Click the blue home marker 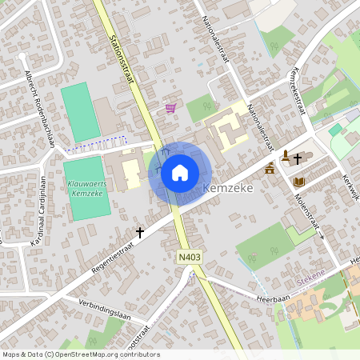(x=180, y=171)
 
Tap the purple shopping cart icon (x=170, y=107)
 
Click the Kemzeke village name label (x=229, y=188)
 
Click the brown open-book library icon (x=299, y=182)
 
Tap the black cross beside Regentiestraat (x=139, y=232)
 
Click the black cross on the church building (x=298, y=158)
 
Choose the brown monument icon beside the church (x=270, y=168)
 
